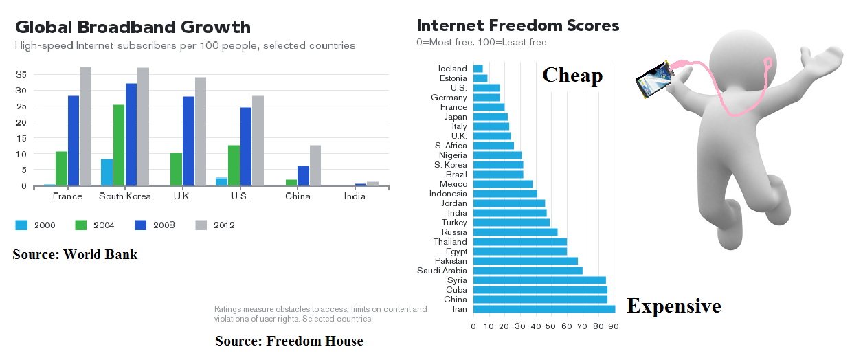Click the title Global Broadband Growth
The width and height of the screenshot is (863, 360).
click(133, 27)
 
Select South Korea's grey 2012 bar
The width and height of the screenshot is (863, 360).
click(143, 126)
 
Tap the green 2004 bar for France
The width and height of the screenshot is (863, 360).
click(61, 168)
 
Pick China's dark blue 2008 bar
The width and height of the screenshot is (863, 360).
click(303, 176)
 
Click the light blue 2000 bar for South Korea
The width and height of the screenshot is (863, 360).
click(107, 172)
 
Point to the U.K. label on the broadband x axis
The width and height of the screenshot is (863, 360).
click(181, 196)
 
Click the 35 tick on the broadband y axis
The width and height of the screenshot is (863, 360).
click(21, 74)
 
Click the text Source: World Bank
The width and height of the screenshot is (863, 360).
click(75, 255)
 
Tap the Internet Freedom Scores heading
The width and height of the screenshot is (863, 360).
click(517, 26)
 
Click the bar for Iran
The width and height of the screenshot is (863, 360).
click(543, 309)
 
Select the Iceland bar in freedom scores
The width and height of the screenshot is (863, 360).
click(478, 69)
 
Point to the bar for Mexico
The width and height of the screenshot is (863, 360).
click(502, 184)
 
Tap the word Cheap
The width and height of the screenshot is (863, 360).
click(572, 75)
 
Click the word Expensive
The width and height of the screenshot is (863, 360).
click(674, 306)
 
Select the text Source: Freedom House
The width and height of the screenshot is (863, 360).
click(289, 341)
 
